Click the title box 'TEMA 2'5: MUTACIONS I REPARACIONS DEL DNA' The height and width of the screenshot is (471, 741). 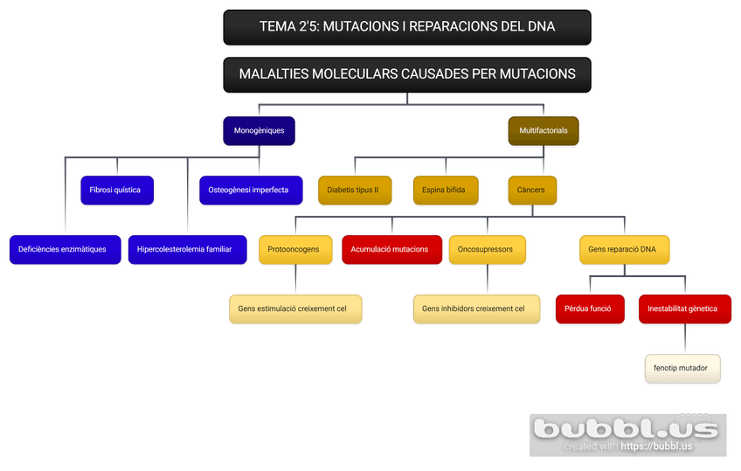(407, 27)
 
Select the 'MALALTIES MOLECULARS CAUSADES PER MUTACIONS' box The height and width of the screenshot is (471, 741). (407, 74)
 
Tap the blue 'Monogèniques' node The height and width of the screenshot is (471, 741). (259, 131)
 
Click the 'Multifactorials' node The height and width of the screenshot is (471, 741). (543, 131)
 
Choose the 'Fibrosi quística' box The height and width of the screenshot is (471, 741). (116, 190)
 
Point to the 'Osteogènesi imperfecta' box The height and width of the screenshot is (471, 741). (248, 190)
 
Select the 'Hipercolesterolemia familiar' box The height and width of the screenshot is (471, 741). (184, 250)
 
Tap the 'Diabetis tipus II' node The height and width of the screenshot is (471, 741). (353, 190)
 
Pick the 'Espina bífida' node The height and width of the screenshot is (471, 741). (444, 190)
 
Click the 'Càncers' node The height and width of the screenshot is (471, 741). (531, 190)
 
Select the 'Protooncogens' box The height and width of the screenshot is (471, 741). (294, 250)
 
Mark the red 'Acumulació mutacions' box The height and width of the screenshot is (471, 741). (390, 250)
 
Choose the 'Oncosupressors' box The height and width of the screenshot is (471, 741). (486, 250)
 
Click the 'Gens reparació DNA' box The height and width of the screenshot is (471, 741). (622, 250)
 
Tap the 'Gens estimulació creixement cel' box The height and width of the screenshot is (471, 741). (293, 308)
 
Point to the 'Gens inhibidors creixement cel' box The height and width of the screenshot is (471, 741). (474, 308)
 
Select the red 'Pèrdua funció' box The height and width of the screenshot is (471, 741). (589, 308)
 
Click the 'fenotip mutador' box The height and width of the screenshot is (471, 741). (682, 368)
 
